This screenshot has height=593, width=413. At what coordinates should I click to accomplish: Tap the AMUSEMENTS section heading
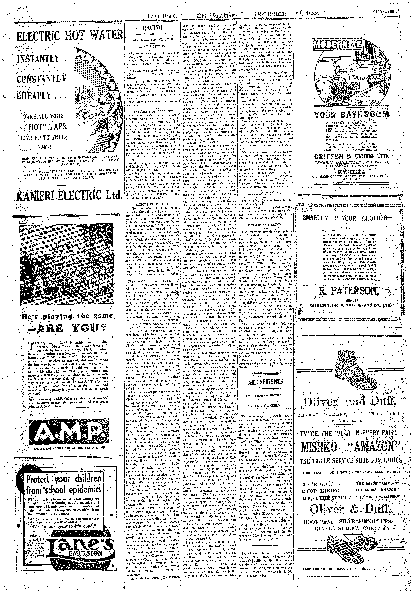pyautogui.click(x=265, y=382)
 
